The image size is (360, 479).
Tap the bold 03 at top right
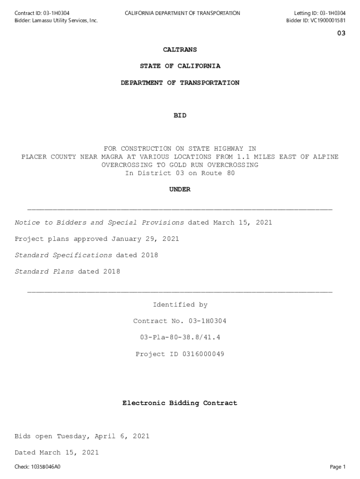[x=341, y=33]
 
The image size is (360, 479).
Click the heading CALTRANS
[x=180, y=50]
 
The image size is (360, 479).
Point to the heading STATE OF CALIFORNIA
[x=180, y=66]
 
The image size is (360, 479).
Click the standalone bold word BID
[x=180, y=115]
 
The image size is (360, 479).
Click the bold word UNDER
[x=180, y=189]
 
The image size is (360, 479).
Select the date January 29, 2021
[x=145, y=239]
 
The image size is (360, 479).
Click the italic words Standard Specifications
[x=63, y=255]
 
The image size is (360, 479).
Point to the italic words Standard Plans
[x=44, y=272]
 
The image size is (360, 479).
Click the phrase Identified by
[x=180, y=305]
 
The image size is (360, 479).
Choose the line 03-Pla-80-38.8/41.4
[x=180, y=337]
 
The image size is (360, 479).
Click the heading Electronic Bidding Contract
[x=180, y=403]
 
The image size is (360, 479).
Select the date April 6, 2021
[x=122, y=436]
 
